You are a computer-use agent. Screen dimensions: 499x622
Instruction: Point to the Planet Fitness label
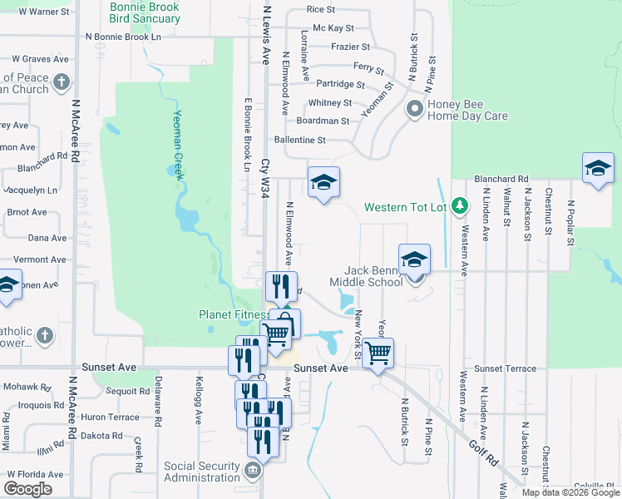[234, 314]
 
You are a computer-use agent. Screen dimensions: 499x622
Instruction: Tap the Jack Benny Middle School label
[373, 276]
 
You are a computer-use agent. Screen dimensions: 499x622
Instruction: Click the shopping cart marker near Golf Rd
[378, 353]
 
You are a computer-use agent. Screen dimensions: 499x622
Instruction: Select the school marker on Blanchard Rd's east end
[597, 170]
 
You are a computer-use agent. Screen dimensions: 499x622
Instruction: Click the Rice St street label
[320, 9]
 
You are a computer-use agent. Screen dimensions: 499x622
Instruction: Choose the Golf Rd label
[476, 435]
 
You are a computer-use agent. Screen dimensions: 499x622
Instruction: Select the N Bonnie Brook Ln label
[123, 37]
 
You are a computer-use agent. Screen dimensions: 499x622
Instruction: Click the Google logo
[27, 489]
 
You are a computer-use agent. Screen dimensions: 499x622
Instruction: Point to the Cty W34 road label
[265, 179]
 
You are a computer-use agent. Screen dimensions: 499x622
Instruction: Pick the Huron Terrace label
[110, 417]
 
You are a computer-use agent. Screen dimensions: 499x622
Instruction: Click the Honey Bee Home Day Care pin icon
[414, 110]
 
